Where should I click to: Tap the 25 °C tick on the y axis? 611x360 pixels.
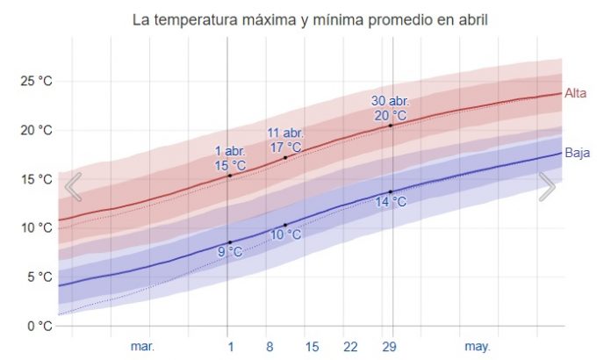(37, 82)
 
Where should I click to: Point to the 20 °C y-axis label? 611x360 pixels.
(37, 131)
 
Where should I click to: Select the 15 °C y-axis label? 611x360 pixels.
(37, 179)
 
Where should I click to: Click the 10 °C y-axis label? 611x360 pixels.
(37, 228)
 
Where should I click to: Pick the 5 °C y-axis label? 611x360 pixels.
(40, 277)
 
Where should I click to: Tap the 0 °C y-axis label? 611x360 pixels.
(40, 327)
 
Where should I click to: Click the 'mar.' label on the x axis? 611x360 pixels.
(142, 347)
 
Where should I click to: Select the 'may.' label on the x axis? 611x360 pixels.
(477, 347)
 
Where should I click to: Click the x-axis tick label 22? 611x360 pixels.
(350, 347)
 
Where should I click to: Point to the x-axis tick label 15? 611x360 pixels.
(311, 347)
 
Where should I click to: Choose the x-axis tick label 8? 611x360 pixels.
(270, 347)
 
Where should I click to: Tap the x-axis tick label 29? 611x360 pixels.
(390, 347)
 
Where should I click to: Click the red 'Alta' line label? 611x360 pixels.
(576, 93)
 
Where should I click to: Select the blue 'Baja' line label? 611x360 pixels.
(577, 153)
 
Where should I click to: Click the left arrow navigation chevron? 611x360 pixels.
(74, 186)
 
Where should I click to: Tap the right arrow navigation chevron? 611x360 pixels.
(547, 186)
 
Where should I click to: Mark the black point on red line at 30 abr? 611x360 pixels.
(391, 126)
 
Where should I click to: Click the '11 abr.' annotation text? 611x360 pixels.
(285, 133)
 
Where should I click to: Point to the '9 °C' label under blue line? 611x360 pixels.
(230, 252)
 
